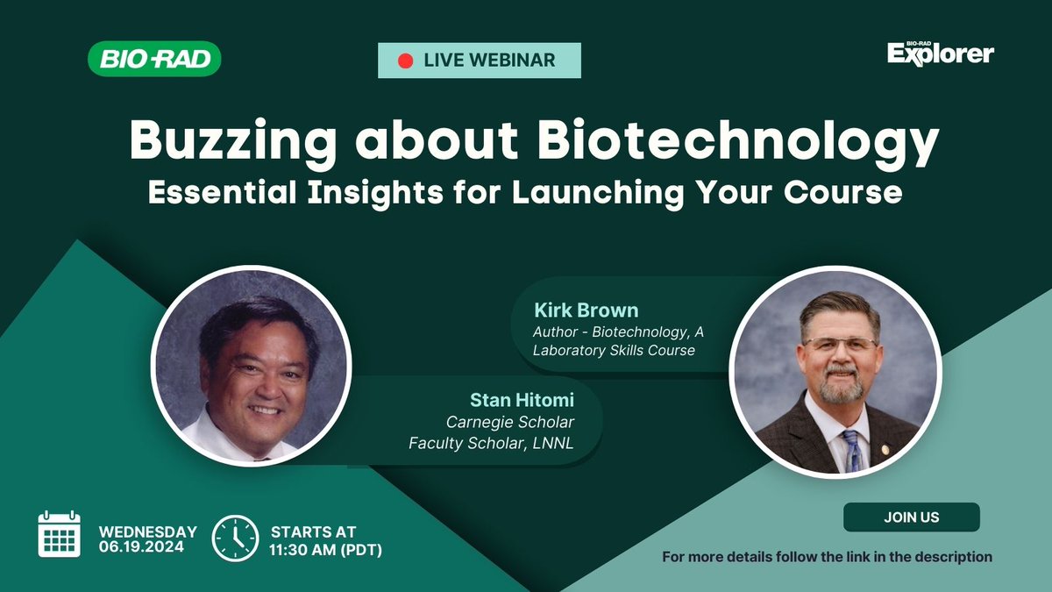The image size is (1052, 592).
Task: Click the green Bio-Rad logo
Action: click(x=154, y=60)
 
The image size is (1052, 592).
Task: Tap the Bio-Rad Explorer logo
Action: click(x=940, y=53)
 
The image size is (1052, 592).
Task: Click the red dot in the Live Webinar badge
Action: click(x=405, y=61)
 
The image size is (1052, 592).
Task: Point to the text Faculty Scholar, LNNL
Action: click(x=492, y=444)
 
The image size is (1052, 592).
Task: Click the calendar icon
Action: click(x=59, y=534)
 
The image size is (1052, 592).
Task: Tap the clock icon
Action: click(x=236, y=537)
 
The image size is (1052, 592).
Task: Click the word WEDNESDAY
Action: click(x=147, y=531)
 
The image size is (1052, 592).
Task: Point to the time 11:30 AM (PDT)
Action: click(x=326, y=549)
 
